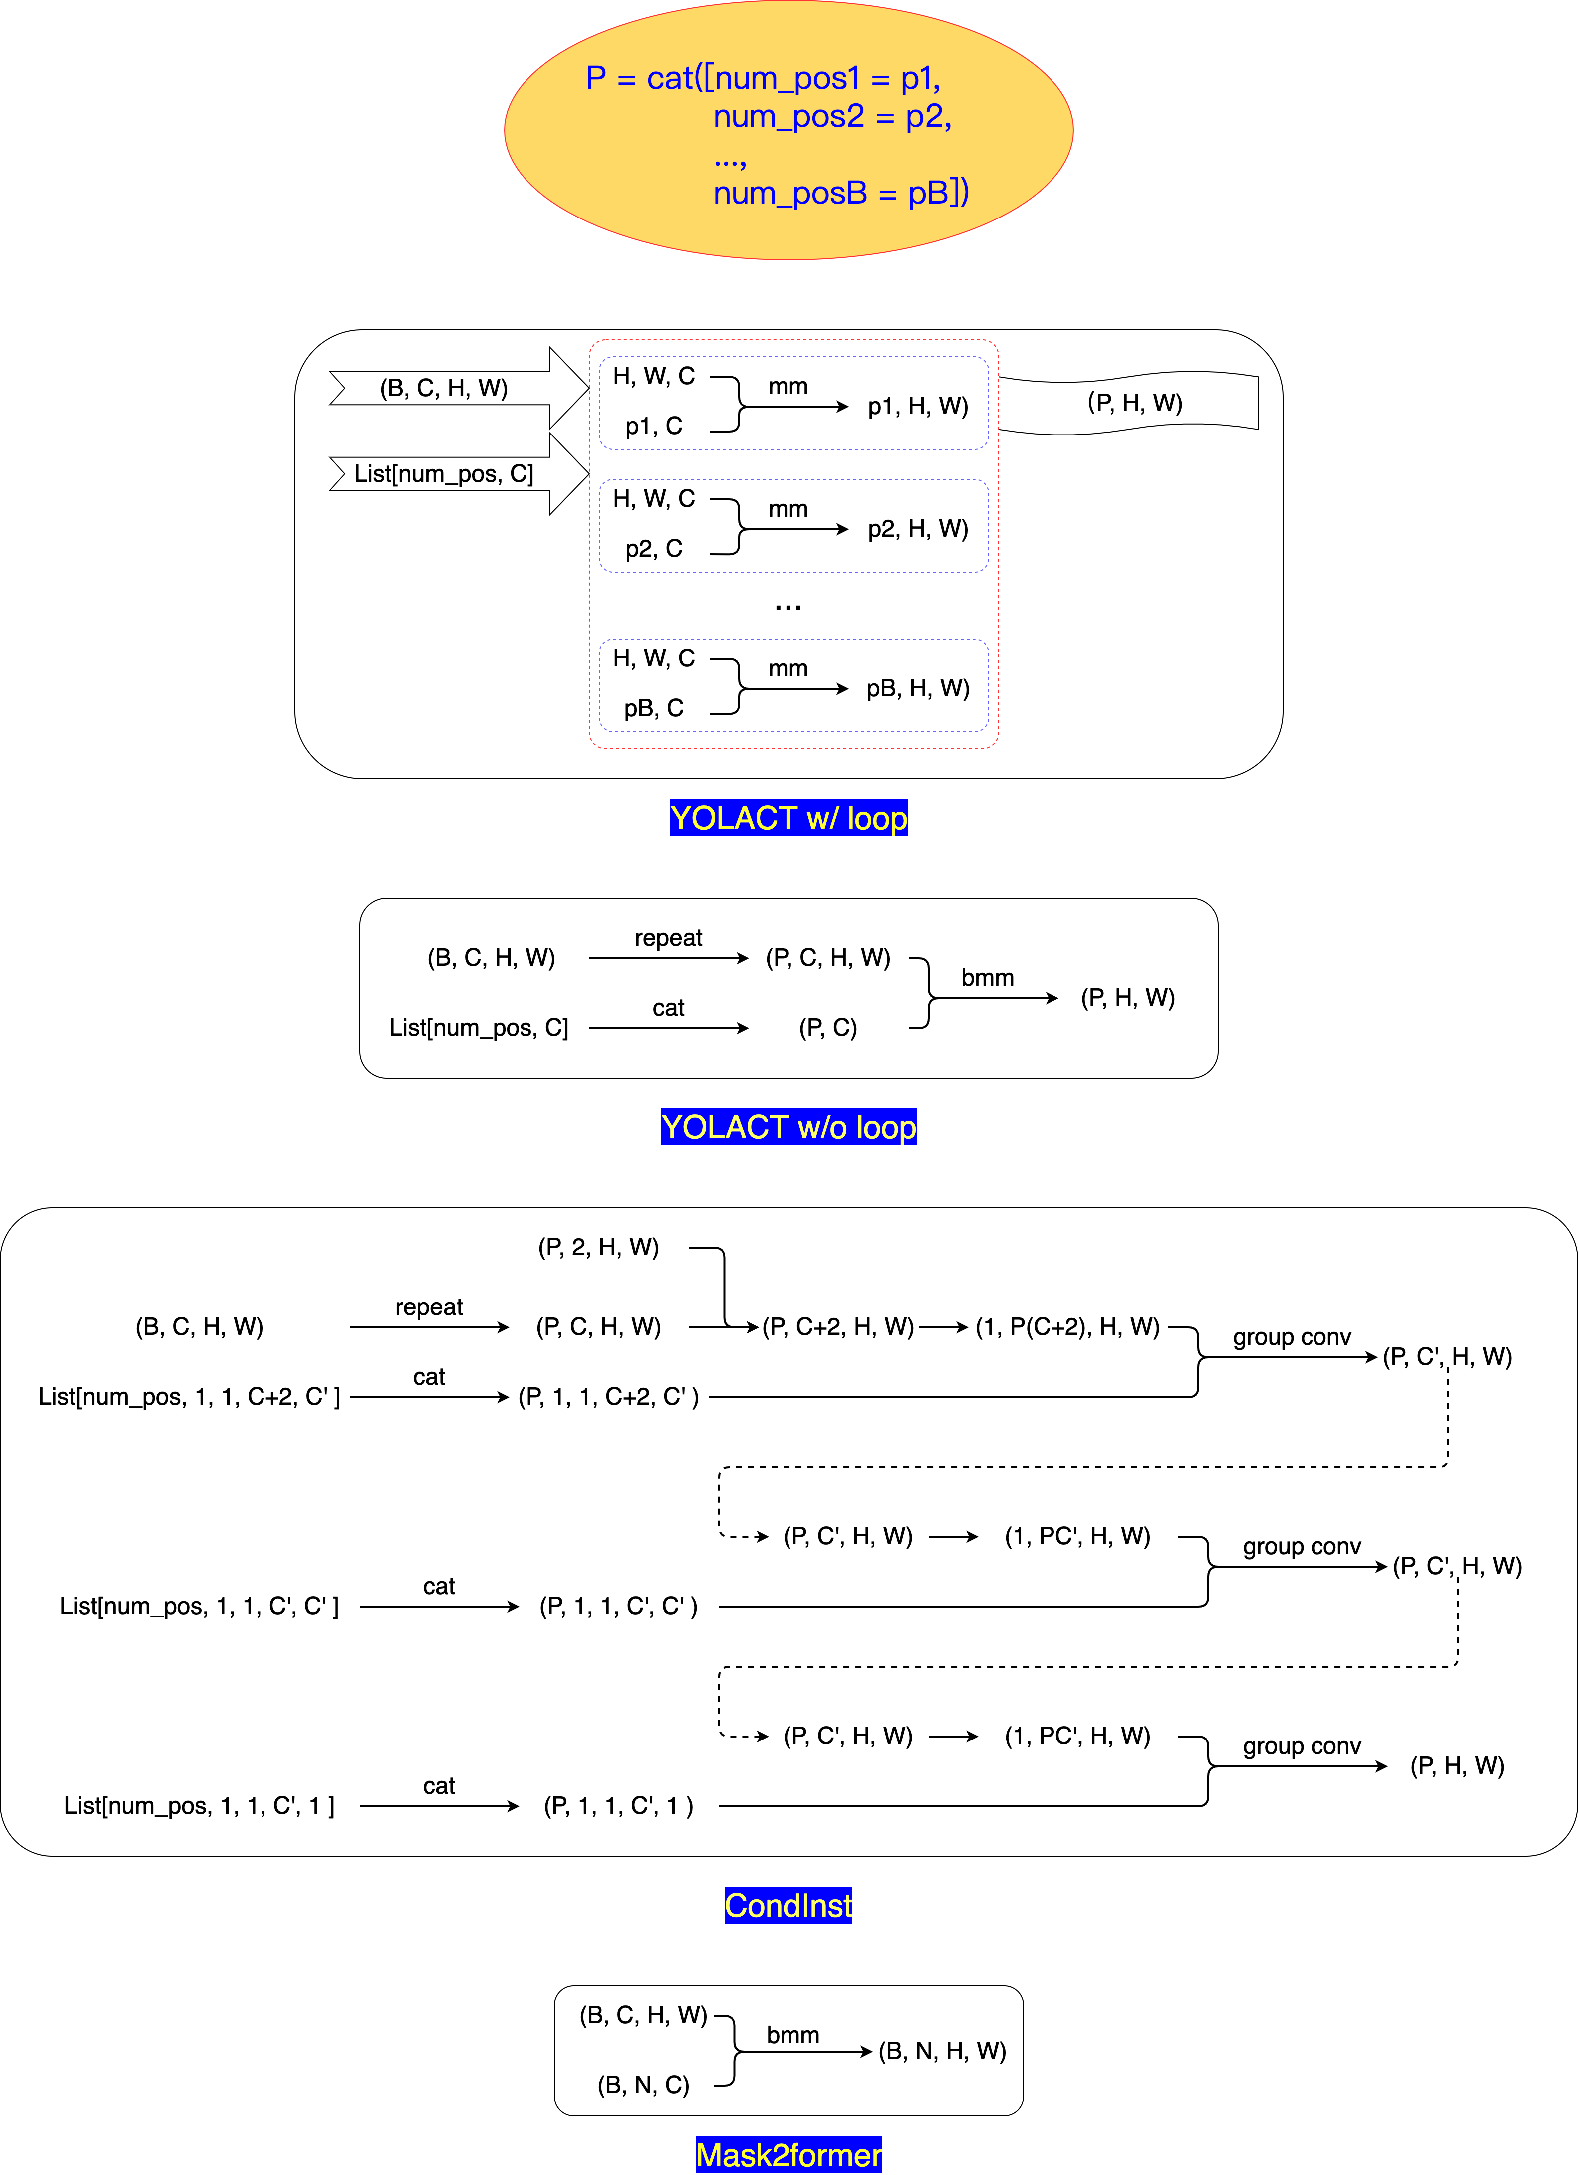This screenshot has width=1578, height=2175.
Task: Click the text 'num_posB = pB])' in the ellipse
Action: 840,193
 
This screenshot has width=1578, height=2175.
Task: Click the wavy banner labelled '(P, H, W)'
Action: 1135,403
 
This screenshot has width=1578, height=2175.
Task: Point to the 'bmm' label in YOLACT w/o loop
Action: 987,978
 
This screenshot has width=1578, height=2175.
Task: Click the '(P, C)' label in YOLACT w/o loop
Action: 828,1028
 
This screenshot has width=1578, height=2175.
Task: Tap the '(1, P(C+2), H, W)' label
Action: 1067,1327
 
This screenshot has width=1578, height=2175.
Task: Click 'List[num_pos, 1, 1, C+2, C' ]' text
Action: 189,1397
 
